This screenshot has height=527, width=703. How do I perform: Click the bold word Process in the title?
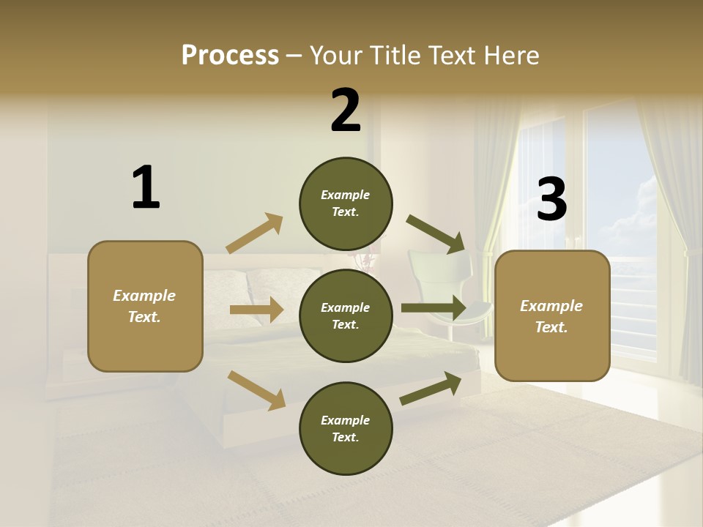[x=230, y=55]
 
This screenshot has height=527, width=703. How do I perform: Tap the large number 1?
[x=146, y=187]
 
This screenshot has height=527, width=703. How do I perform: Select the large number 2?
[x=346, y=111]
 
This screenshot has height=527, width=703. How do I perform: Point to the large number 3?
[x=551, y=199]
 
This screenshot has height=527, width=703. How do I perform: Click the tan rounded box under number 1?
[x=145, y=306]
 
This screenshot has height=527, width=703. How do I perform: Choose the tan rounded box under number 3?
[x=552, y=315]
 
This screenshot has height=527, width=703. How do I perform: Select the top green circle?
[x=346, y=203]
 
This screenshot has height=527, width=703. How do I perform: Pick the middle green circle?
[x=346, y=315]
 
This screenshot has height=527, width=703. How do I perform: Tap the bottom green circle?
[x=346, y=428]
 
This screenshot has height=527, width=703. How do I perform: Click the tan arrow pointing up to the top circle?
[x=255, y=233]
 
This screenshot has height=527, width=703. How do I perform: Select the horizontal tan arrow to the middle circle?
[x=256, y=310]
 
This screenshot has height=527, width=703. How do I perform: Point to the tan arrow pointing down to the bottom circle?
[x=256, y=389]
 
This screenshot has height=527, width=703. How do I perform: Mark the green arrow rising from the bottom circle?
[x=431, y=388]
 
